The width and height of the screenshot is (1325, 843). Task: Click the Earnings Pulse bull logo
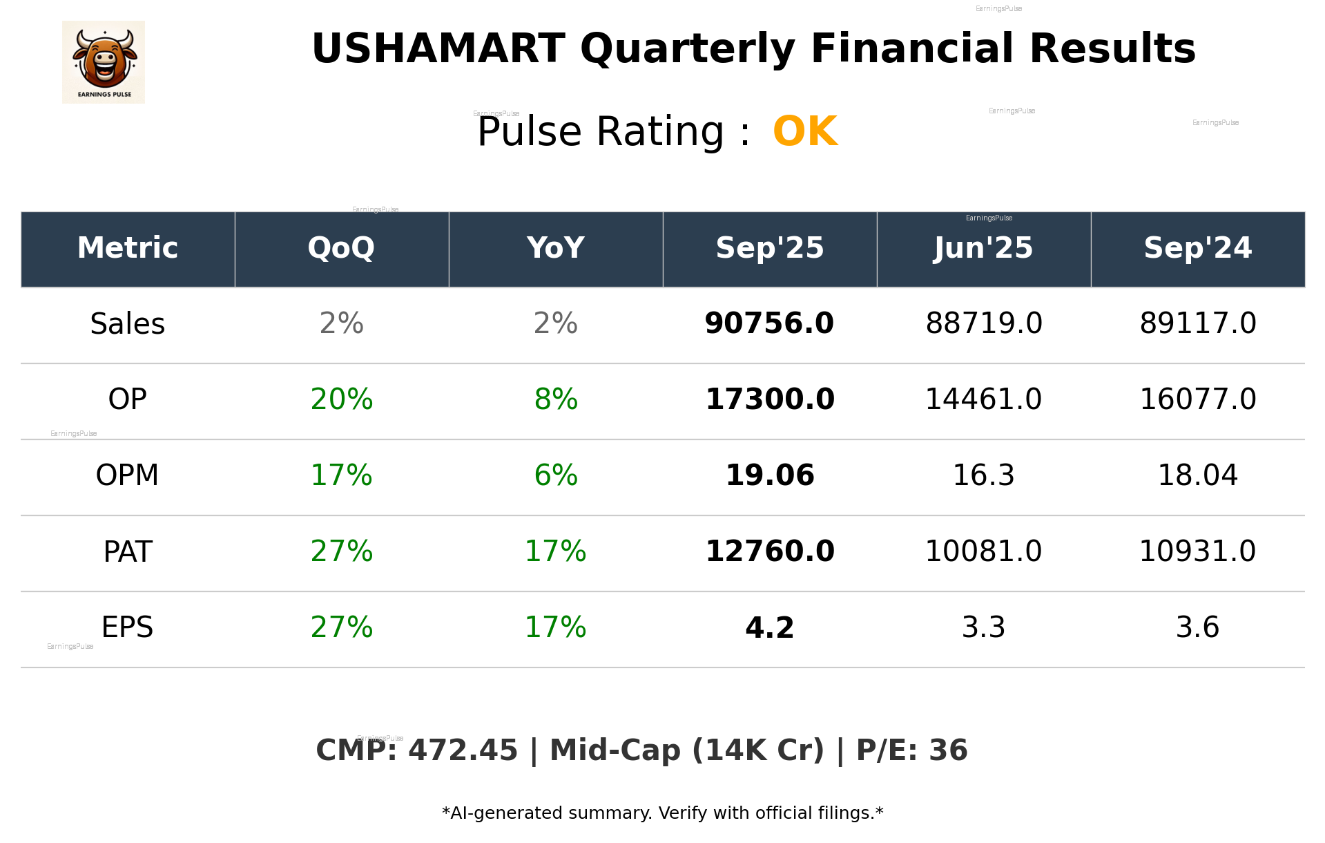tap(104, 62)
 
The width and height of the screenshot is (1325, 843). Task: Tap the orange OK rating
tap(805, 131)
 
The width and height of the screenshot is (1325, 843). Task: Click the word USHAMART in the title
tap(438, 49)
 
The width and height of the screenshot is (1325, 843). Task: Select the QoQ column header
tap(341, 248)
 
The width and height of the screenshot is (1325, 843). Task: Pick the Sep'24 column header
tap(1197, 248)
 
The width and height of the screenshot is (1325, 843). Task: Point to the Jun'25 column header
tap(983, 248)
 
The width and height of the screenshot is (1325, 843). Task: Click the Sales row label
tap(128, 324)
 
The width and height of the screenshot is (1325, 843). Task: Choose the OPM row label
tap(128, 475)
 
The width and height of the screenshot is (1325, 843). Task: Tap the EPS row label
tap(128, 627)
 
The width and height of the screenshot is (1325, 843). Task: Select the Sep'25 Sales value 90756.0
tap(769, 323)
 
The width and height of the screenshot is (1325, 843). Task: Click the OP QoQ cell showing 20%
tap(341, 399)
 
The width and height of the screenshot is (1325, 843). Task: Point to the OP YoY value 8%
tap(556, 399)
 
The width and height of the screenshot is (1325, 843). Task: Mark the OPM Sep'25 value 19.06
tap(769, 475)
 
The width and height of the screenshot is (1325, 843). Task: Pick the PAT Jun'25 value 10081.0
tap(983, 551)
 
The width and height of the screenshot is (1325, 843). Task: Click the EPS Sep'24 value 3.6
tap(1197, 627)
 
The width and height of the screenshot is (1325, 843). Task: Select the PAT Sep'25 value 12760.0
tap(769, 551)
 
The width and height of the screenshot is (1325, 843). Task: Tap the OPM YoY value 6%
tap(556, 475)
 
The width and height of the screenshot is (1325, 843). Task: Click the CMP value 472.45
tap(463, 750)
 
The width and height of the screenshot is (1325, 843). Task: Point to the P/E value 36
tap(948, 750)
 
